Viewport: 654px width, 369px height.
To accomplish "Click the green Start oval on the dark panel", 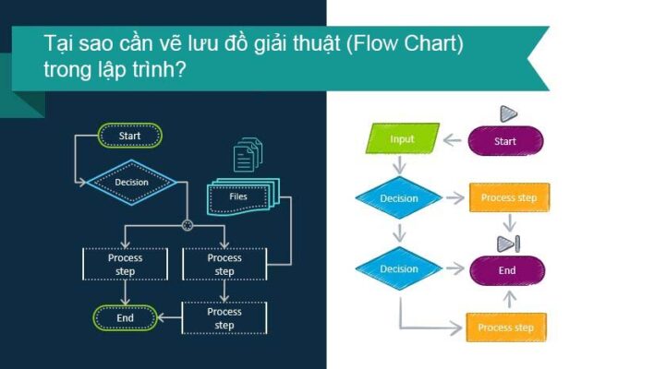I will [x=130, y=136].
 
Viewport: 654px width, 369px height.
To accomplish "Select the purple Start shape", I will [x=505, y=141].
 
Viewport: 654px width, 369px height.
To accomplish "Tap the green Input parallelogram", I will [x=402, y=139].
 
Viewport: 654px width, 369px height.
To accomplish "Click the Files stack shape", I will [x=240, y=196].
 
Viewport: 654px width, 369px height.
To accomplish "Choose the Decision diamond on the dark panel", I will [x=131, y=183].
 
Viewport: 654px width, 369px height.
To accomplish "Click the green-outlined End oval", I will [x=125, y=318].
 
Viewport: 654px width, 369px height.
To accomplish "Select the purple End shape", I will [x=507, y=270].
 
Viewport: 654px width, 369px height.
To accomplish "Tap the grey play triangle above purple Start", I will [x=507, y=113].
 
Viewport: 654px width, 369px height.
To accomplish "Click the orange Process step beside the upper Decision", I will [x=509, y=197].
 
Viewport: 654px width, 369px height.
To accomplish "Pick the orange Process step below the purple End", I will [x=506, y=327].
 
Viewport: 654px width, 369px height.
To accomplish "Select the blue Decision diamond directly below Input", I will [x=399, y=198].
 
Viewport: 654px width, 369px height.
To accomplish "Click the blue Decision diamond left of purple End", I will [x=399, y=269].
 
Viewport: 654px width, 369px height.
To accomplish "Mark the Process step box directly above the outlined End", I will [x=126, y=265].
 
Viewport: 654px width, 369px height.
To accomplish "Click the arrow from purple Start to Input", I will [x=453, y=140].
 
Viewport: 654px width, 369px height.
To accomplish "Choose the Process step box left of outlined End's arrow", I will [x=224, y=318].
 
